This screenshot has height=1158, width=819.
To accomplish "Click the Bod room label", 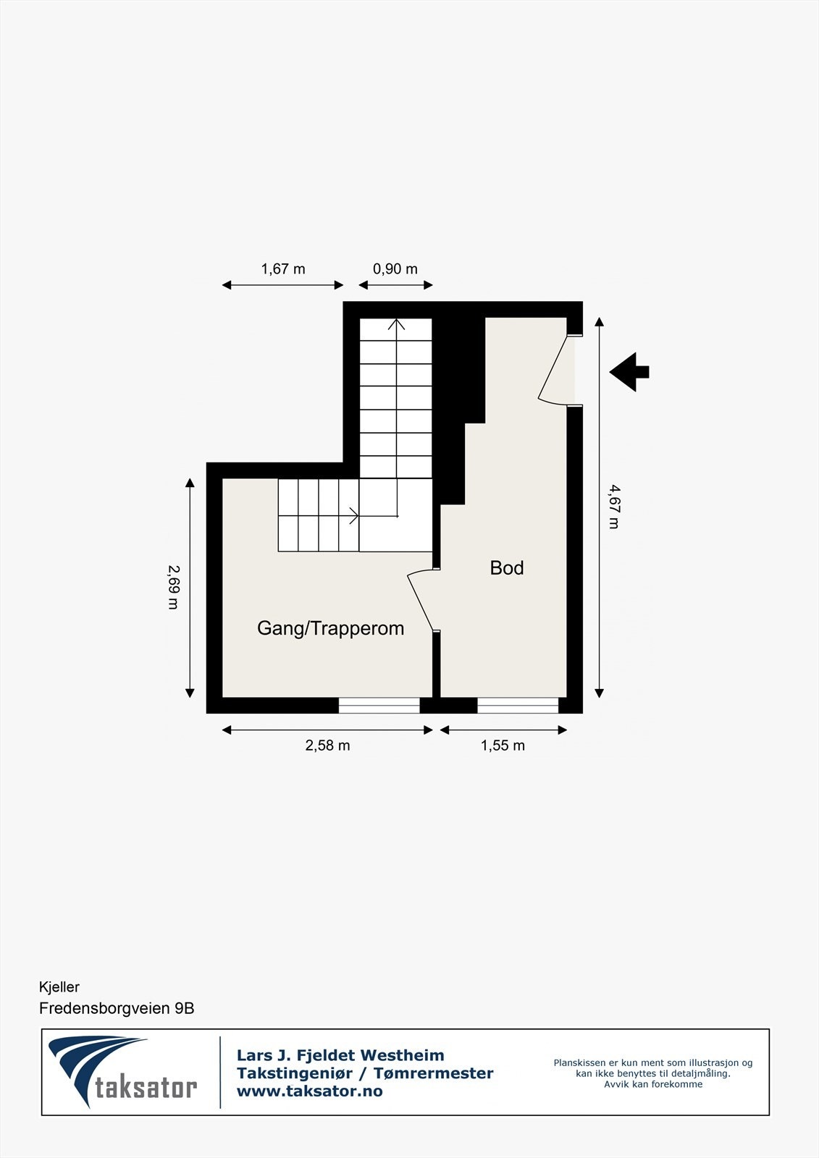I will coord(506,568).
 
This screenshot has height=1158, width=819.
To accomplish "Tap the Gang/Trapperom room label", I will coord(330,628).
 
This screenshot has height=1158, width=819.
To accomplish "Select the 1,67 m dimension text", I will coord(283,269).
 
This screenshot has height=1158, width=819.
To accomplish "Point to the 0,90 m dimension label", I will coord(395,269).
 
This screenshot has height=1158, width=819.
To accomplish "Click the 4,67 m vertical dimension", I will coord(613,507).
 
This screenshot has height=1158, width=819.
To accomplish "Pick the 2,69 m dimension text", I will coord(173,587).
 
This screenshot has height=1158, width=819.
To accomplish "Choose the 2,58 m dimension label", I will coord(327,745).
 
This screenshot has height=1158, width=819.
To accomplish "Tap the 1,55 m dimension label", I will coord(503,745).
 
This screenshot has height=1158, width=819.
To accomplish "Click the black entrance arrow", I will coord(630,372).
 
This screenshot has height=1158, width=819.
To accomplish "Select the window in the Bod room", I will coord(518,705).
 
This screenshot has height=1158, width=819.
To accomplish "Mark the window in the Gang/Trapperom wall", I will coord(379,705).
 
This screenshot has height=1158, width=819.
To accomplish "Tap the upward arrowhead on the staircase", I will coord(396,324).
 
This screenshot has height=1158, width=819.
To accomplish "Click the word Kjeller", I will coord(59,987).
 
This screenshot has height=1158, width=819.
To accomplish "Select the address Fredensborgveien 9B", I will coord(117,1008).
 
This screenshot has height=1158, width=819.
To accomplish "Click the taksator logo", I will coord(123,1072).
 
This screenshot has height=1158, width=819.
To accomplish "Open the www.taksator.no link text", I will coord(309,1091).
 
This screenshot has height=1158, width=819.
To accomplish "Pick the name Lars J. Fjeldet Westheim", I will coord(340,1055).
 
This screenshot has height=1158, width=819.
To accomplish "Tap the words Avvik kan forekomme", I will coord(653,1084).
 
